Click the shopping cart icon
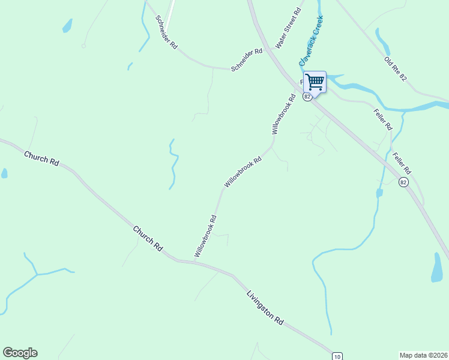tap(315, 82)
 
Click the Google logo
tap(20, 353)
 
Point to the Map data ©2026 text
tap(423, 355)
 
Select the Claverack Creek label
tap(312, 41)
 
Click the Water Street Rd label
tap(288, 28)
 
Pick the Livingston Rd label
tap(265, 308)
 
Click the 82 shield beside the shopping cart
tap(307, 97)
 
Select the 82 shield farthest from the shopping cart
tap(403, 182)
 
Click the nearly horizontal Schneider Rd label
tap(247, 52)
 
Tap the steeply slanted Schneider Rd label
tap(166, 32)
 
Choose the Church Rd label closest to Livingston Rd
tap(148, 238)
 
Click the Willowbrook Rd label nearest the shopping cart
tap(283, 114)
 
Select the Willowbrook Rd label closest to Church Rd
tap(205, 236)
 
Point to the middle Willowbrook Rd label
tap(243, 172)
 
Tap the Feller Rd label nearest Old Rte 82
tap(382, 119)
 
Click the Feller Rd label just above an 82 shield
tap(400, 162)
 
